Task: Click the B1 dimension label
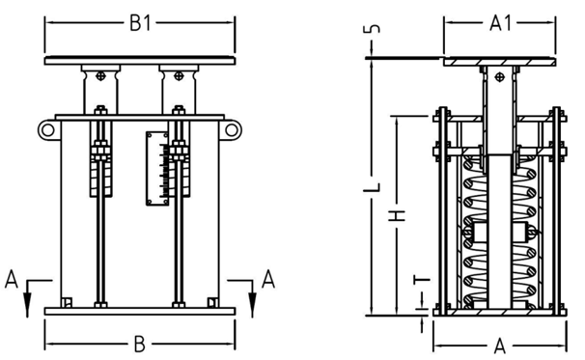pyautogui.click(x=140, y=23)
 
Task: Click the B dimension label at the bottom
pyautogui.click(x=139, y=345)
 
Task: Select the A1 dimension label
pyautogui.click(x=500, y=23)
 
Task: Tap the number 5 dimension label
pyautogui.click(x=373, y=29)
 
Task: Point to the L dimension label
pyautogui.click(x=373, y=187)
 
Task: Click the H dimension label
pyautogui.click(x=398, y=215)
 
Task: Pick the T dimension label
pyautogui.click(x=422, y=279)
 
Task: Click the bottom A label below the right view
pyautogui.click(x=499, y=346)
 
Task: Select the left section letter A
pyautogui.click(x=12, y=280)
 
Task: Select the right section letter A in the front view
pyautogui.click(x=268, y=280)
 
